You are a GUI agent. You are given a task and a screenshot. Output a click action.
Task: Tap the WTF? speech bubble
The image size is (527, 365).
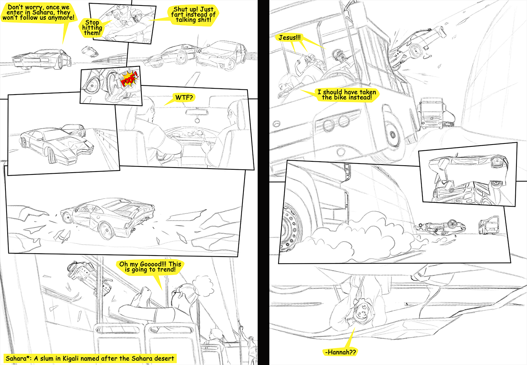[184, 97]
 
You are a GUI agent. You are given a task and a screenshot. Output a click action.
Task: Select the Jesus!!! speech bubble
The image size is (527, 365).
[289, 38]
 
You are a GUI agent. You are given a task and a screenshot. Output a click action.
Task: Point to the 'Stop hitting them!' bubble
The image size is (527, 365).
[92, 28]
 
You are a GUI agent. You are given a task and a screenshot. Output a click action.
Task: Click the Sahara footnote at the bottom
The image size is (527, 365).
[90, 358]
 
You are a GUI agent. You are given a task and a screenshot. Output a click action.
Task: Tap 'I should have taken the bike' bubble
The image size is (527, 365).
[347, 95]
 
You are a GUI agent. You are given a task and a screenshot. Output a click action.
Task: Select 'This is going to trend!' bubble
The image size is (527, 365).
[150, 267]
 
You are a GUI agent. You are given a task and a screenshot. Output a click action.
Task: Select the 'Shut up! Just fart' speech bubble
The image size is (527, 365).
[193, 15]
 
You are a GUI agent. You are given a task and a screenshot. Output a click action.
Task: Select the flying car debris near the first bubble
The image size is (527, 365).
[90, 51]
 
